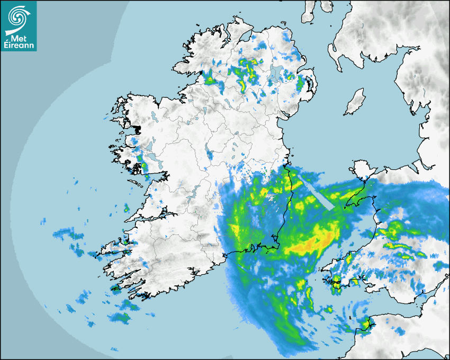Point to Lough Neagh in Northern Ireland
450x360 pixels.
(x=275, y=73)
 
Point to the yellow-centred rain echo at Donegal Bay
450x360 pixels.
(x=210, y=80)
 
